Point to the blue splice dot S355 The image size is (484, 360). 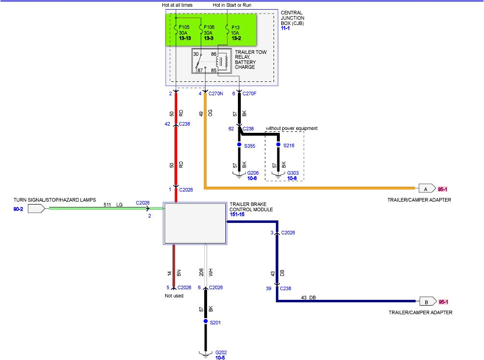point(239,145)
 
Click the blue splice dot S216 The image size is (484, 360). point(278,145)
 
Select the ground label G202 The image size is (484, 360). point(221,352)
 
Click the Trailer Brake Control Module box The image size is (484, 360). point(195,223)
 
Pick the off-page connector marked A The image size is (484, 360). point(426,188)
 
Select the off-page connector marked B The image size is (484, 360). point(427,302)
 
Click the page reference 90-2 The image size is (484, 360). point(19,209)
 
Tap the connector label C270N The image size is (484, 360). point(216,93)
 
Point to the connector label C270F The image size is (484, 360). point(249,93)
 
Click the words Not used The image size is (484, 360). point(174,296)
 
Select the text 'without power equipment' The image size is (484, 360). point(291,129)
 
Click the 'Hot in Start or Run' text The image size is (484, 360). point(232,5)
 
